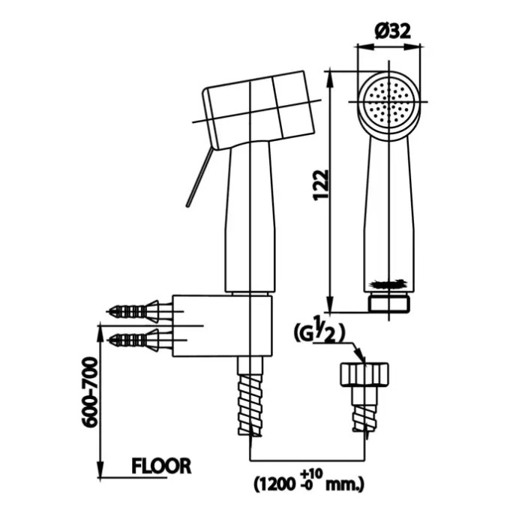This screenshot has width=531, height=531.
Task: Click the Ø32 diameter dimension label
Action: click(392, 31)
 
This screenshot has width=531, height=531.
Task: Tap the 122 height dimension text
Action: click(321, 185)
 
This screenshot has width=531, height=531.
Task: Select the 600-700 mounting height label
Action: click(89, 391)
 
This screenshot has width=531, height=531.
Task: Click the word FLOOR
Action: click(161, 466)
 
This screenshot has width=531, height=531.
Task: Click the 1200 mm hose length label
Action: click(308, 483)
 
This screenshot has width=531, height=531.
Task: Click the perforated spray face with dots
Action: click(388, 101)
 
